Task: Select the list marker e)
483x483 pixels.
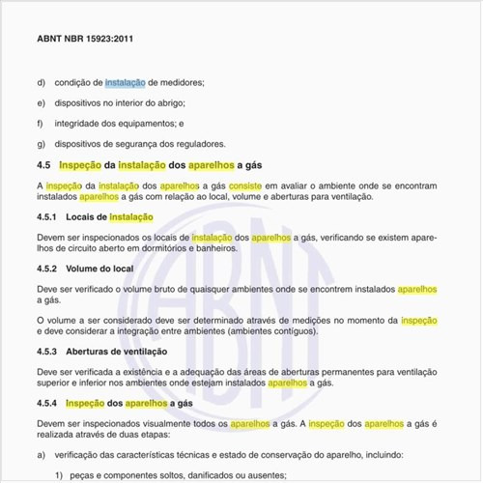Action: [x=42, y=102]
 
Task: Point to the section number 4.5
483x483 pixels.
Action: [x=44, y=165]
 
